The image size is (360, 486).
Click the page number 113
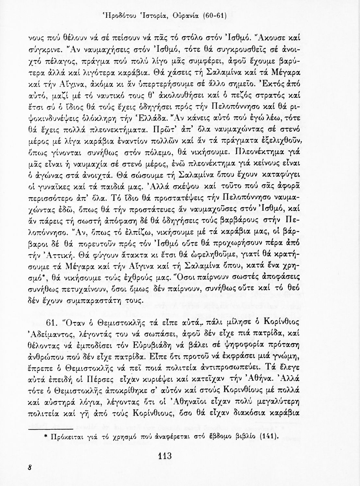click(165, 457)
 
